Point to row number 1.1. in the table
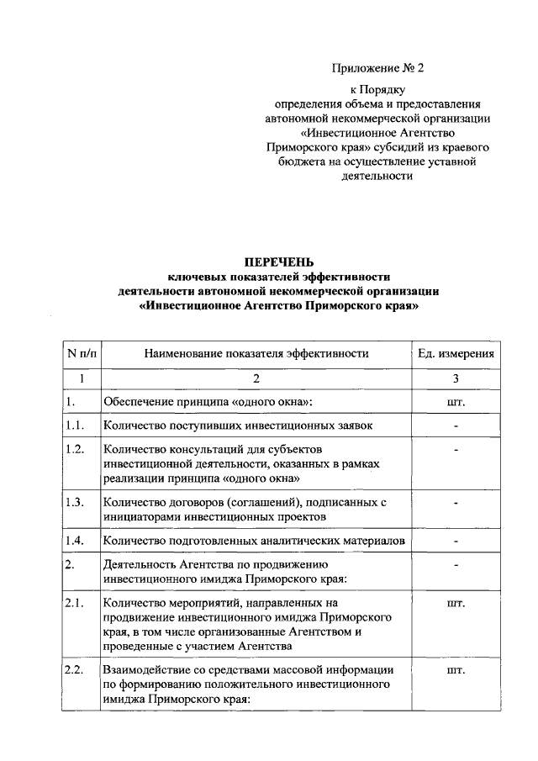tap(75, 425)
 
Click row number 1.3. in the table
tap(75, 503)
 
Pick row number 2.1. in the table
tap(75, 603)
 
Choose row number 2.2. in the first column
tap(75, 670)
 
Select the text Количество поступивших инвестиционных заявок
tap(238, 425)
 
